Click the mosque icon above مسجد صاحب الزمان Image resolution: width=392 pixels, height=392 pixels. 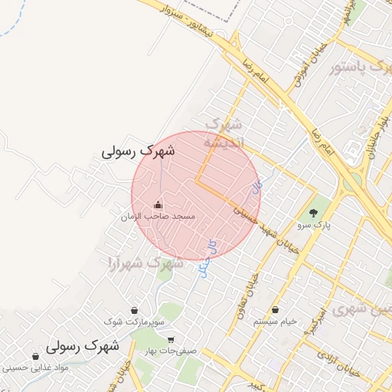pyautogui.click(x=158, y=204)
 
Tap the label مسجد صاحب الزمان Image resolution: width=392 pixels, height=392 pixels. pyautogui.click(x=158, y=217)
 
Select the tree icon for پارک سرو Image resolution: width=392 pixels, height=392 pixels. pyautogui.click(x=312, y=213)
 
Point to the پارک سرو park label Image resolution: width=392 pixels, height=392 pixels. pyautogui.click(x=312, y=226)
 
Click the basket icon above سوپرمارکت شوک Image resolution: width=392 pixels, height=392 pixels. pyautogui.click(x=136, y=311)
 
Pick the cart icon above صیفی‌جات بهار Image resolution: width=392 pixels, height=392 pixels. pyautogui.click(x=170, y=340)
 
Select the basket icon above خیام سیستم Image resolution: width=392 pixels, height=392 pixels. pyautogui.click(x=276, y=310)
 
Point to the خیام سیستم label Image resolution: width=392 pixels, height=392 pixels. pyautogui.click(x=276, y=322)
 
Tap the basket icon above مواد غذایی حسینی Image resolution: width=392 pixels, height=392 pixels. pyautogui.click(x=36, y=356)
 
